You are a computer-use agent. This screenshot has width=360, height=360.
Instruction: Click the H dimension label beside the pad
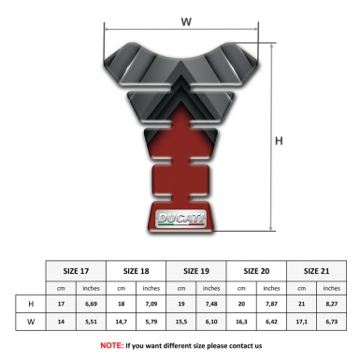coord(280,141)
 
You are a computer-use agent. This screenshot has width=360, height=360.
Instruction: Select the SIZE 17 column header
coord(76,269)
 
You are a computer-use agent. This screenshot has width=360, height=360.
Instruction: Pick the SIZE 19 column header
coord(196,269)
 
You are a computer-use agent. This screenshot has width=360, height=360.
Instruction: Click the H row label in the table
coord(33,304)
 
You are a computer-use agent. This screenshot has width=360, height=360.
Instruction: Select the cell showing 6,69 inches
coord(91,304)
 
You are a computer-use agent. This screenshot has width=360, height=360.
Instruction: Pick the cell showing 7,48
coord(211,304)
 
